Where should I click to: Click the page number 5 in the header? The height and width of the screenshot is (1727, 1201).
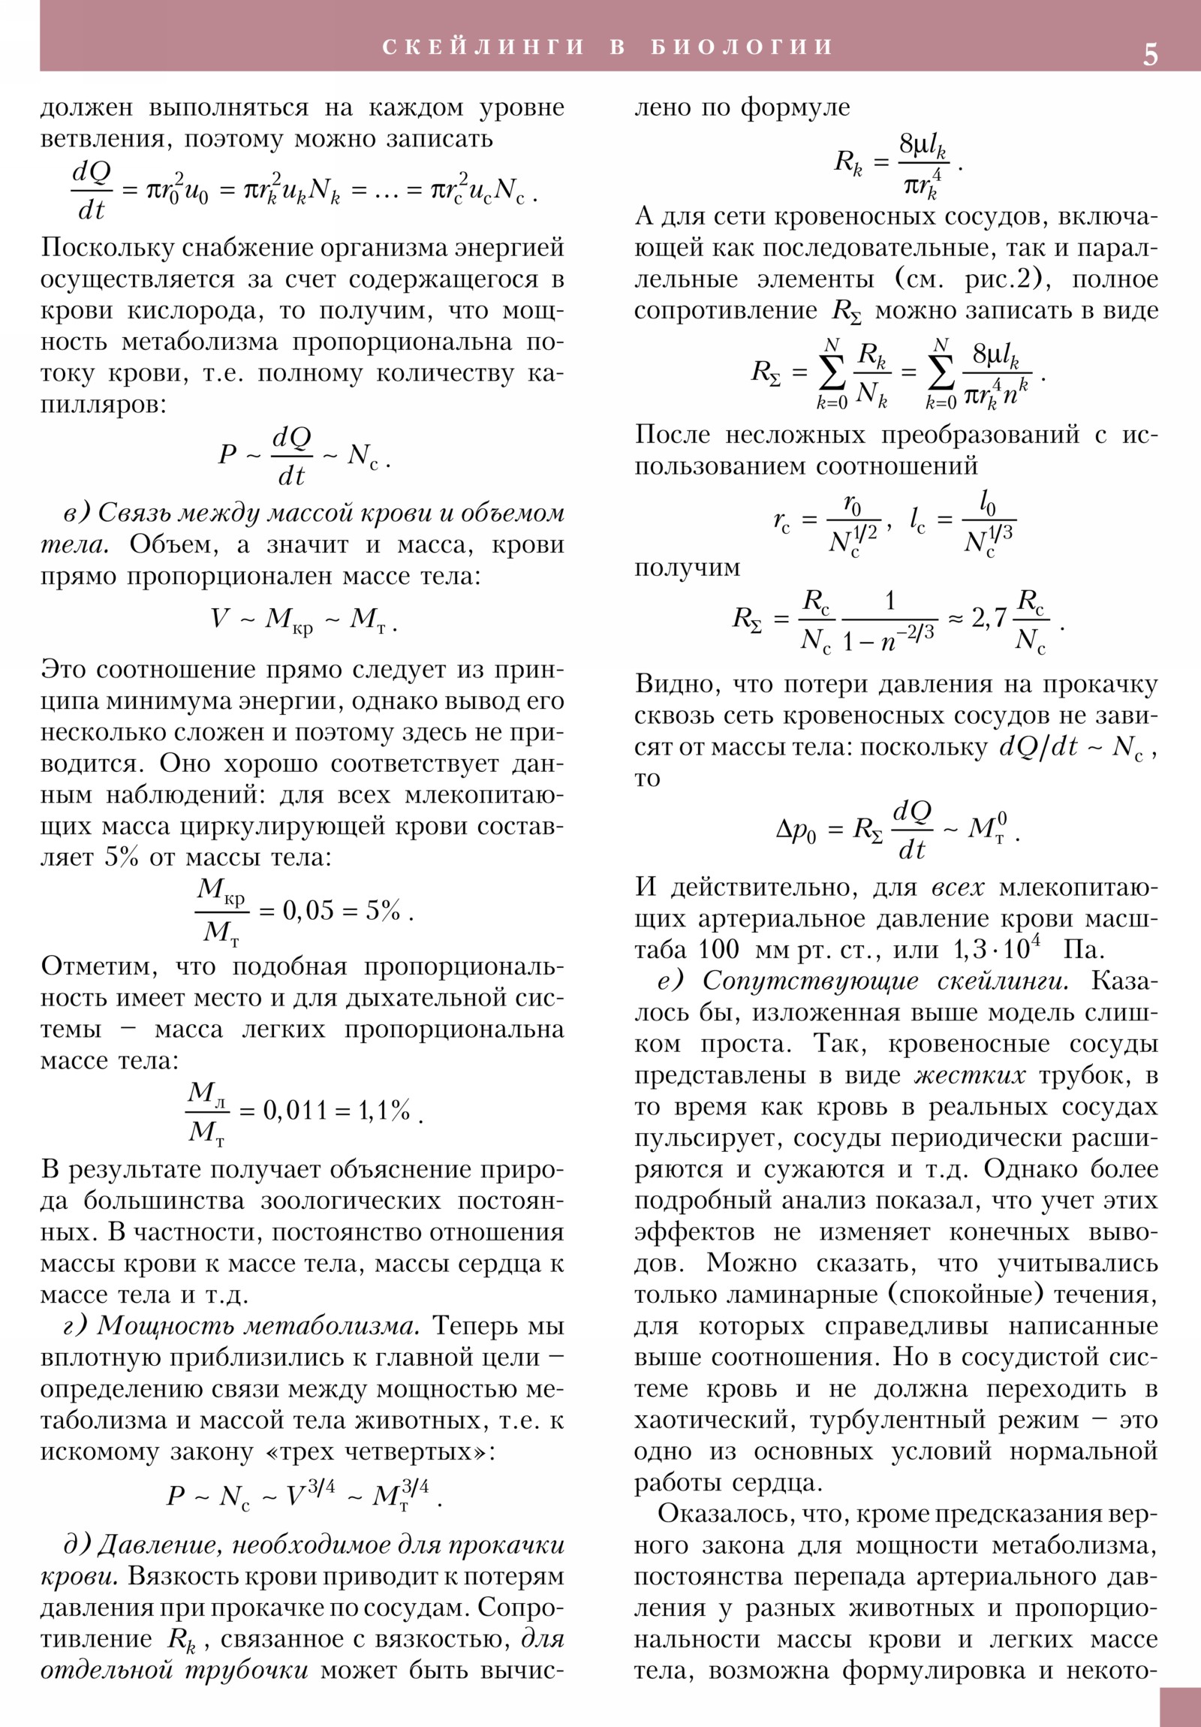click(1150, 55)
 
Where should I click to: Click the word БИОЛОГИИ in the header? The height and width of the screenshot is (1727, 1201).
click(742, 47)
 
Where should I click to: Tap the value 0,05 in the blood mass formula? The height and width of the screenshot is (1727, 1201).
click(308, 911)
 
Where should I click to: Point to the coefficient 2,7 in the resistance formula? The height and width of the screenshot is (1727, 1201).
click(988, 617)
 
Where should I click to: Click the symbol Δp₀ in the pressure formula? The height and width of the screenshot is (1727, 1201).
click(796, 830)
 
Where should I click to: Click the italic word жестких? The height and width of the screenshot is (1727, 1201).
click(970, 1075)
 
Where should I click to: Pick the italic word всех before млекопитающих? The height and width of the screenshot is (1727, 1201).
click(957, 888)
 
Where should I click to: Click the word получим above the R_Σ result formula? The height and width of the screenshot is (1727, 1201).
click(687, 567)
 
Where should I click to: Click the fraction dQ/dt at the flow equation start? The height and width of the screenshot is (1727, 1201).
click(92, 191)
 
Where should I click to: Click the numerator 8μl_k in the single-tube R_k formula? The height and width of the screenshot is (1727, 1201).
click(923, 144)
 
